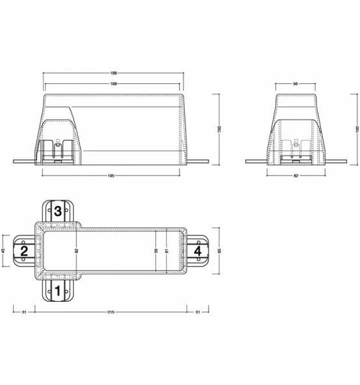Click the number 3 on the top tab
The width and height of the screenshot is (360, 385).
58,211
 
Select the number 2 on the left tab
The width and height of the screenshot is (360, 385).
24,250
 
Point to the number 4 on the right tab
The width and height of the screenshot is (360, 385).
198,250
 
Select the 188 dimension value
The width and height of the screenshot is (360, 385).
114,84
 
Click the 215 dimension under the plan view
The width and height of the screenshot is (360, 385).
110,313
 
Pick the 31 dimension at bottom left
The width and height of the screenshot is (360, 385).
24,313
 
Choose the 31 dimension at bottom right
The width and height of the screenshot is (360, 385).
198,313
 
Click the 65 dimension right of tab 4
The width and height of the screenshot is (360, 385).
219,250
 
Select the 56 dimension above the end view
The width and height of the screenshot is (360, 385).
296,84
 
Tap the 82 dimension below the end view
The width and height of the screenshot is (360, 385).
296,175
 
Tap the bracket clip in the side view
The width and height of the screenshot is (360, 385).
57,151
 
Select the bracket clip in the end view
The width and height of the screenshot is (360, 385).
296,151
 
